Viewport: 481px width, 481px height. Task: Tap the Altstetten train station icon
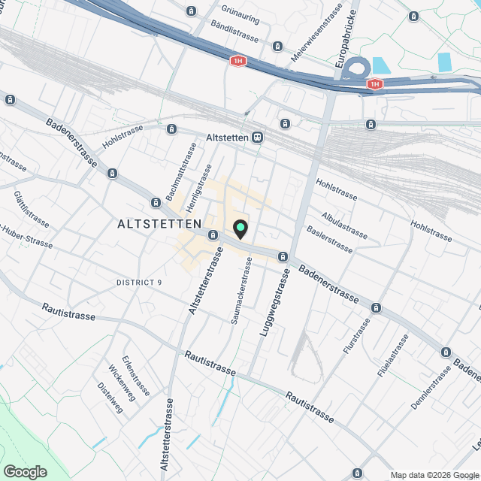(258, 138)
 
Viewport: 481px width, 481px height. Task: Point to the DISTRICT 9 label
(139, 283)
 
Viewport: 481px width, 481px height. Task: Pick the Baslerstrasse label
(329, 239)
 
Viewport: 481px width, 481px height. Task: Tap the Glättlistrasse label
(32, 210)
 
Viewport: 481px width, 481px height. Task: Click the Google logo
(25, 472)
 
